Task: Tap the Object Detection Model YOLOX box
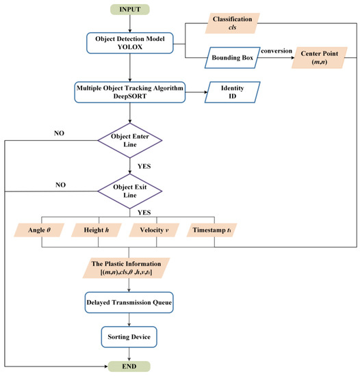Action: coord(130,42)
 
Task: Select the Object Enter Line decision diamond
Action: coord(130,141)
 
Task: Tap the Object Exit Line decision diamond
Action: coord(130,189)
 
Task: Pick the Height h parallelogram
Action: coord(100,231)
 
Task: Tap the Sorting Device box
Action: coord(130,336)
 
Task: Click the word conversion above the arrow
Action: coord(274,49)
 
